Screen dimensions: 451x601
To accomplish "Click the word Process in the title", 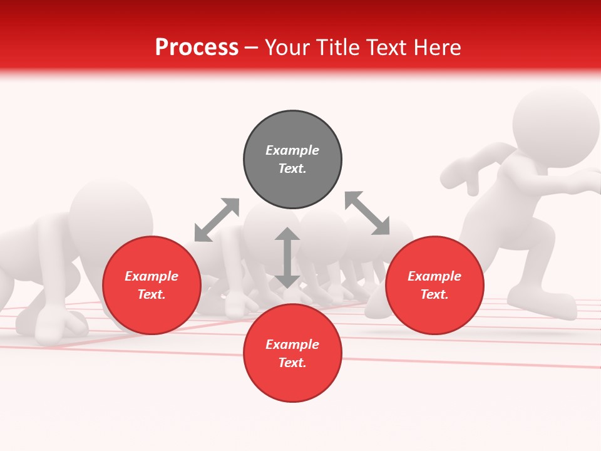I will pos(197,48).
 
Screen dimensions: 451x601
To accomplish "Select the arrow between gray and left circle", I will pos(217,220).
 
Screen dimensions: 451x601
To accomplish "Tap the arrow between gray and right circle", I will pos(367,213).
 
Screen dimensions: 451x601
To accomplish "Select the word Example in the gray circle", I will pos(292,150).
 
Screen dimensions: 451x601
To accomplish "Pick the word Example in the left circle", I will pos(152,276).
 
